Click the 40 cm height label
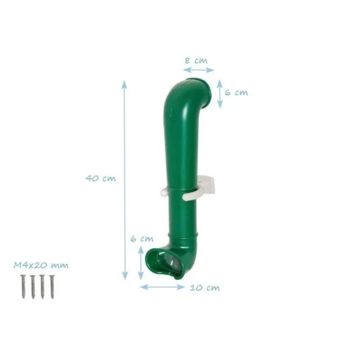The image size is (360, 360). point(100,178)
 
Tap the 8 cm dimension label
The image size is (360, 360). point(196,61)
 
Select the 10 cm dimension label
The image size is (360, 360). point(205,288)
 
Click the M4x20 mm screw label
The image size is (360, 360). point(41,265)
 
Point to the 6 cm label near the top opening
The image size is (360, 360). point(236,93)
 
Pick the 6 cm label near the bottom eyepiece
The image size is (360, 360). point(142,239)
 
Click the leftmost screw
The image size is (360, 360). point(23,287)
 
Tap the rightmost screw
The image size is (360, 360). point(52,287)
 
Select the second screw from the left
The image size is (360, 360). point(33,287)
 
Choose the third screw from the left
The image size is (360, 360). point(42,287)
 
